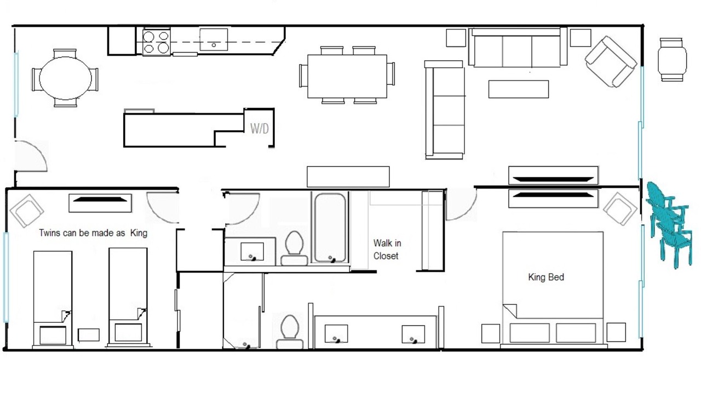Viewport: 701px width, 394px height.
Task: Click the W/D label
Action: pos(260,129)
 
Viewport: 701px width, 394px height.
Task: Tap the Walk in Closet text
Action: pos(387,250)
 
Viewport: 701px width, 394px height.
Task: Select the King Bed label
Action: pos(546,277)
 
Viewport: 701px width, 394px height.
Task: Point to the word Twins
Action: pos(50,233)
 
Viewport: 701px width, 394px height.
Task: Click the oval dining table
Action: pos(65,78)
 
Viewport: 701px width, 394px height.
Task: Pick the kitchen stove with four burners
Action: pos(156,42)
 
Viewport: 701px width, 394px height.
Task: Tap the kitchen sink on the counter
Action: pos(214,39)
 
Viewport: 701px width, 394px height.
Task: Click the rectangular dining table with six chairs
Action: pos(347,76)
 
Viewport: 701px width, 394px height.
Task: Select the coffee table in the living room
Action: pos(519,89)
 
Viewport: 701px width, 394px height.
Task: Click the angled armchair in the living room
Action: pos(611,62)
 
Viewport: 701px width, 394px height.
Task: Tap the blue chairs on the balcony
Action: pos(669,224)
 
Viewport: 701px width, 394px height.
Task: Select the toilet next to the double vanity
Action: pos(290,332)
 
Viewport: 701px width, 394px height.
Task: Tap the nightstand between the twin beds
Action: pos(89,335)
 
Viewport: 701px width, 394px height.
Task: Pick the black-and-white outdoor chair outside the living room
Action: pos(672,60)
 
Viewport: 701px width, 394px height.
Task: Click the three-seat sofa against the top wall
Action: pos(518,48)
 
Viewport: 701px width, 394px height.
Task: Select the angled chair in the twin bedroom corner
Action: pos(27,211)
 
